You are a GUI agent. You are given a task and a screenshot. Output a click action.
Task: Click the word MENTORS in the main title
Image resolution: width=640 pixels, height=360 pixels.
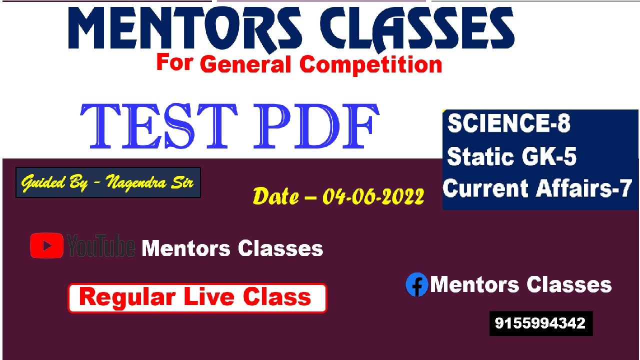click(185, 28)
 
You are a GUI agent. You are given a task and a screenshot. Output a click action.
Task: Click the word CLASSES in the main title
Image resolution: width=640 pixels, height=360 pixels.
click(417, 28)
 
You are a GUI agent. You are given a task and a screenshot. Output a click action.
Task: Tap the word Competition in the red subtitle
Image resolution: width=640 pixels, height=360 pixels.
click(370, 65)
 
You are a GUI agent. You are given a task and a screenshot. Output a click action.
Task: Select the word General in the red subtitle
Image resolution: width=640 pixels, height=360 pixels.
click(245, 64)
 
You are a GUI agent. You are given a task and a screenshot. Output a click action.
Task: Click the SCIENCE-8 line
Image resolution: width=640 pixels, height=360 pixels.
click(508, 123)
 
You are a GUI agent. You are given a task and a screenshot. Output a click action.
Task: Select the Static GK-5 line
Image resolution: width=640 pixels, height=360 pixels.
click(511, 156)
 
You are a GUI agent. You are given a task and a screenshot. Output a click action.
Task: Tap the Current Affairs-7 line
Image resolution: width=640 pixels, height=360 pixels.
click(537, 188)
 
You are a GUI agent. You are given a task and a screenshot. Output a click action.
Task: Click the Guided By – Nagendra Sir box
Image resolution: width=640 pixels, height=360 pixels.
click(108, 182)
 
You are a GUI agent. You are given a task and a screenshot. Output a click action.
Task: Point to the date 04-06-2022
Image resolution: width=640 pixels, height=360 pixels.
click(373, 196)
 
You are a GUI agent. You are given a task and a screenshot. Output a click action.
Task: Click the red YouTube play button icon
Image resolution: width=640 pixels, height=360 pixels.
click(46, 245)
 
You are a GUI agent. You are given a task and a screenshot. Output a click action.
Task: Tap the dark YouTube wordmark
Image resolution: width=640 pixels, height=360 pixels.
click(101, 245)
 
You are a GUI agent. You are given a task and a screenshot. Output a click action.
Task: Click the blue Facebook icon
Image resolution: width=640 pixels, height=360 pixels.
click(417, 284)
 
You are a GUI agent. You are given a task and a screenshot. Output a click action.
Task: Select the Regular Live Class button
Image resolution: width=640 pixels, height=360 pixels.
click(197, 298)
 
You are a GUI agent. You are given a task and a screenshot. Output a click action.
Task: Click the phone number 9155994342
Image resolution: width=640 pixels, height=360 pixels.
click(540, 323)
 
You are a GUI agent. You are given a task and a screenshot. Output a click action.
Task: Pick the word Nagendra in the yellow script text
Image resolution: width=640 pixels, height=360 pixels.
click(136, 182)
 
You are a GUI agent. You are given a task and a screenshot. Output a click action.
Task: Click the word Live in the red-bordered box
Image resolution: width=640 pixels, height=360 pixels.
click(212, 297)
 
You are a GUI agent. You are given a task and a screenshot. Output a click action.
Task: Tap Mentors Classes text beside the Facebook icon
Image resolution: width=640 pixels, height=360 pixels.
click(521, 285)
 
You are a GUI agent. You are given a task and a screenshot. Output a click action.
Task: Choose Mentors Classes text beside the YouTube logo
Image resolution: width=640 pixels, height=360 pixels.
click(232, 248)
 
